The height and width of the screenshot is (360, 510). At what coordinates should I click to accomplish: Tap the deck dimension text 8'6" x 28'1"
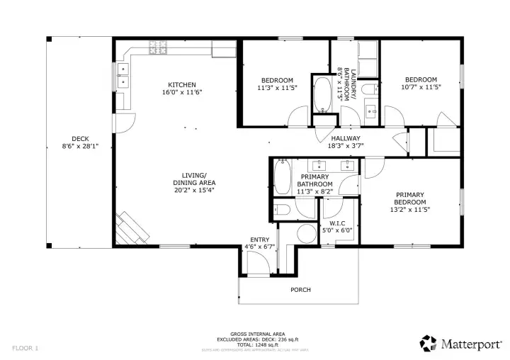[x=80, y=147]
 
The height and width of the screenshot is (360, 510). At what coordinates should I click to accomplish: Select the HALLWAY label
[x=345, y=138]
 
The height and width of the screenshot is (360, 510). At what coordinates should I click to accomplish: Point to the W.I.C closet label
[x=337, y=223]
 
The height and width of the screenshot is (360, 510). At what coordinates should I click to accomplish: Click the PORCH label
[x=300, y=289]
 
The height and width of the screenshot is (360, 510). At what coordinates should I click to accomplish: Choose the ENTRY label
[x=259, y=240]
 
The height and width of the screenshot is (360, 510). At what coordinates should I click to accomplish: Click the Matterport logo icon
[x=428, y=344]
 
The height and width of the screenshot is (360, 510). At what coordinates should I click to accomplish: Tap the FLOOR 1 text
[x=25, y=348]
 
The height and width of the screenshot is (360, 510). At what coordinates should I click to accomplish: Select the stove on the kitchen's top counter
[x=157, y=47]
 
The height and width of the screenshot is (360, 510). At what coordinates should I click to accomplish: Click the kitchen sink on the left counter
[x=124, y=74]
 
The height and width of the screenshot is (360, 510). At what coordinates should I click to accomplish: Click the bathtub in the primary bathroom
[x=282, y=178]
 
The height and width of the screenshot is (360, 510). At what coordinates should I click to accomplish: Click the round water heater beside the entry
[x=306, y=235]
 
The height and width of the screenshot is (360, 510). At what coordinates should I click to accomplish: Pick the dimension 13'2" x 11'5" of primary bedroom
[x=409, y=209]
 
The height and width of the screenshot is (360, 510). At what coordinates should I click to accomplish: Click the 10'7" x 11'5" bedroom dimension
[x=421, y=87]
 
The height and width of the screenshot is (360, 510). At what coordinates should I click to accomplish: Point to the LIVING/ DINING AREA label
[x=189, y=179]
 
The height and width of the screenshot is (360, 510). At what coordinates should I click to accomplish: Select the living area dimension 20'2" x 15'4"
[x=189, y=190]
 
